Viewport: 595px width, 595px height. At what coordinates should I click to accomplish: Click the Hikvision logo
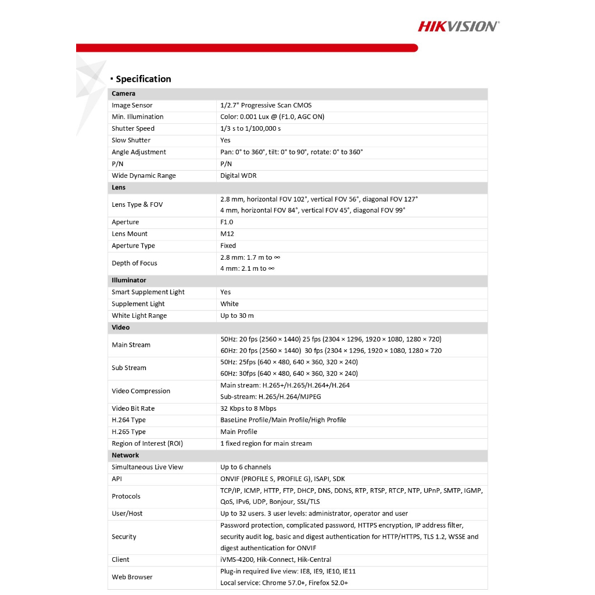tap(458, 26)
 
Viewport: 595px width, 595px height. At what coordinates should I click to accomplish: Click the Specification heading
tap(143, 79)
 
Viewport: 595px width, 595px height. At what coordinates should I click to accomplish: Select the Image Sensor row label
tap(132, 105)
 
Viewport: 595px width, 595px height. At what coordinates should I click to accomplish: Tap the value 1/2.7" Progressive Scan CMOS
tap(266, 105)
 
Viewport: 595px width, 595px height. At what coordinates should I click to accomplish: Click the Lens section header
tap(119, 188)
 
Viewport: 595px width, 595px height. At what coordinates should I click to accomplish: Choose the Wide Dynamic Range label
tap(144, 175)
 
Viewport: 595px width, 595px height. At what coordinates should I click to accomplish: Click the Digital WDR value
tap(238, 175)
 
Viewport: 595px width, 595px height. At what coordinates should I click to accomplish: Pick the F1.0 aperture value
tap(228, 222)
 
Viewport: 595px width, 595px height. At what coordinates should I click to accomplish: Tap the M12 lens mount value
tap(227, 234)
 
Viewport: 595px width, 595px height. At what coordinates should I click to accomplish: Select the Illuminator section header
tap(129, 280)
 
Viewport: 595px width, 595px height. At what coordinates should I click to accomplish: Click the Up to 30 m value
tap(237, 316)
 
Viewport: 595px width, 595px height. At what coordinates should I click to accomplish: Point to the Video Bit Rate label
tap(133, 408)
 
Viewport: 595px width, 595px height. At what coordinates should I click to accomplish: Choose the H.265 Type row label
tap(128, 432)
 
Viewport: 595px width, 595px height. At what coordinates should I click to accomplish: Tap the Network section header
tap(126, 455)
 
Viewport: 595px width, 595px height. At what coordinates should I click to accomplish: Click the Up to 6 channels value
tap(246, 467)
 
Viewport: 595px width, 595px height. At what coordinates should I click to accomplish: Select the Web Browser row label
tap(132, 577)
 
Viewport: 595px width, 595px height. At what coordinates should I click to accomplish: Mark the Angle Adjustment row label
tap(139, 152)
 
